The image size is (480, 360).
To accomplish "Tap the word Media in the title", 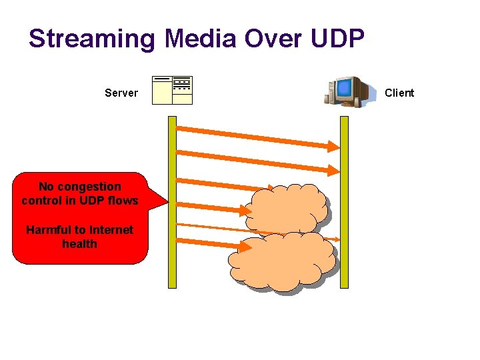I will [x=201, y=39].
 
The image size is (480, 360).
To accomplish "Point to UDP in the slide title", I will [x=337, y=39].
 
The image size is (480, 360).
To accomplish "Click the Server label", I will [x=121, y=93].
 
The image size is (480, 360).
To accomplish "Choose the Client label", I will [x=399, y=93].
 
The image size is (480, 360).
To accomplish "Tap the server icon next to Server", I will [x=172, y=91].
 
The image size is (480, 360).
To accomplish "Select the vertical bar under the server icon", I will [x=172, y=200].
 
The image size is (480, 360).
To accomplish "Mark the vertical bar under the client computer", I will [x=344, y=200].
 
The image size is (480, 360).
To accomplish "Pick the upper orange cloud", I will [x=287, y=207].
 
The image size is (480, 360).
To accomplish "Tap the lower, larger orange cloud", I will [x=282, y=261].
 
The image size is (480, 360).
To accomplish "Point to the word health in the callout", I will [x=79, y=244].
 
